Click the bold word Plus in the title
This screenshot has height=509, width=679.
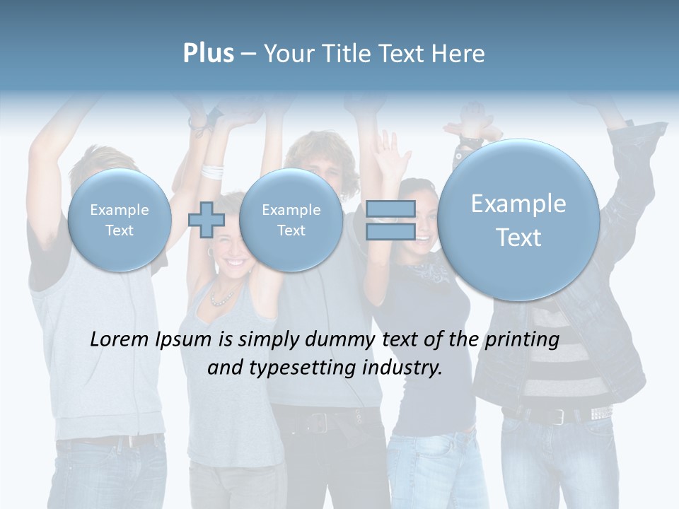click(208, 54)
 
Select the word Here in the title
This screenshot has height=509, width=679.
click(461, 54)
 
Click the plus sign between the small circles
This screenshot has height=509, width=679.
click(206, 220)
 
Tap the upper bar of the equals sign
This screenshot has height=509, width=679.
click(390, 209)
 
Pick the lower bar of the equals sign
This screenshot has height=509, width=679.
click(390, 231)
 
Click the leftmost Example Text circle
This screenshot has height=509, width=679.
click(120, 220)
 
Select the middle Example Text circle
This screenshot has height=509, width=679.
click(291, 220)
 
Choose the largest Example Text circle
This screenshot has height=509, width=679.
click(518, 220)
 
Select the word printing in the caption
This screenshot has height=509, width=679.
click(522, 340)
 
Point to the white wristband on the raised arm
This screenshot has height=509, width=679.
click(211, 171)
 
